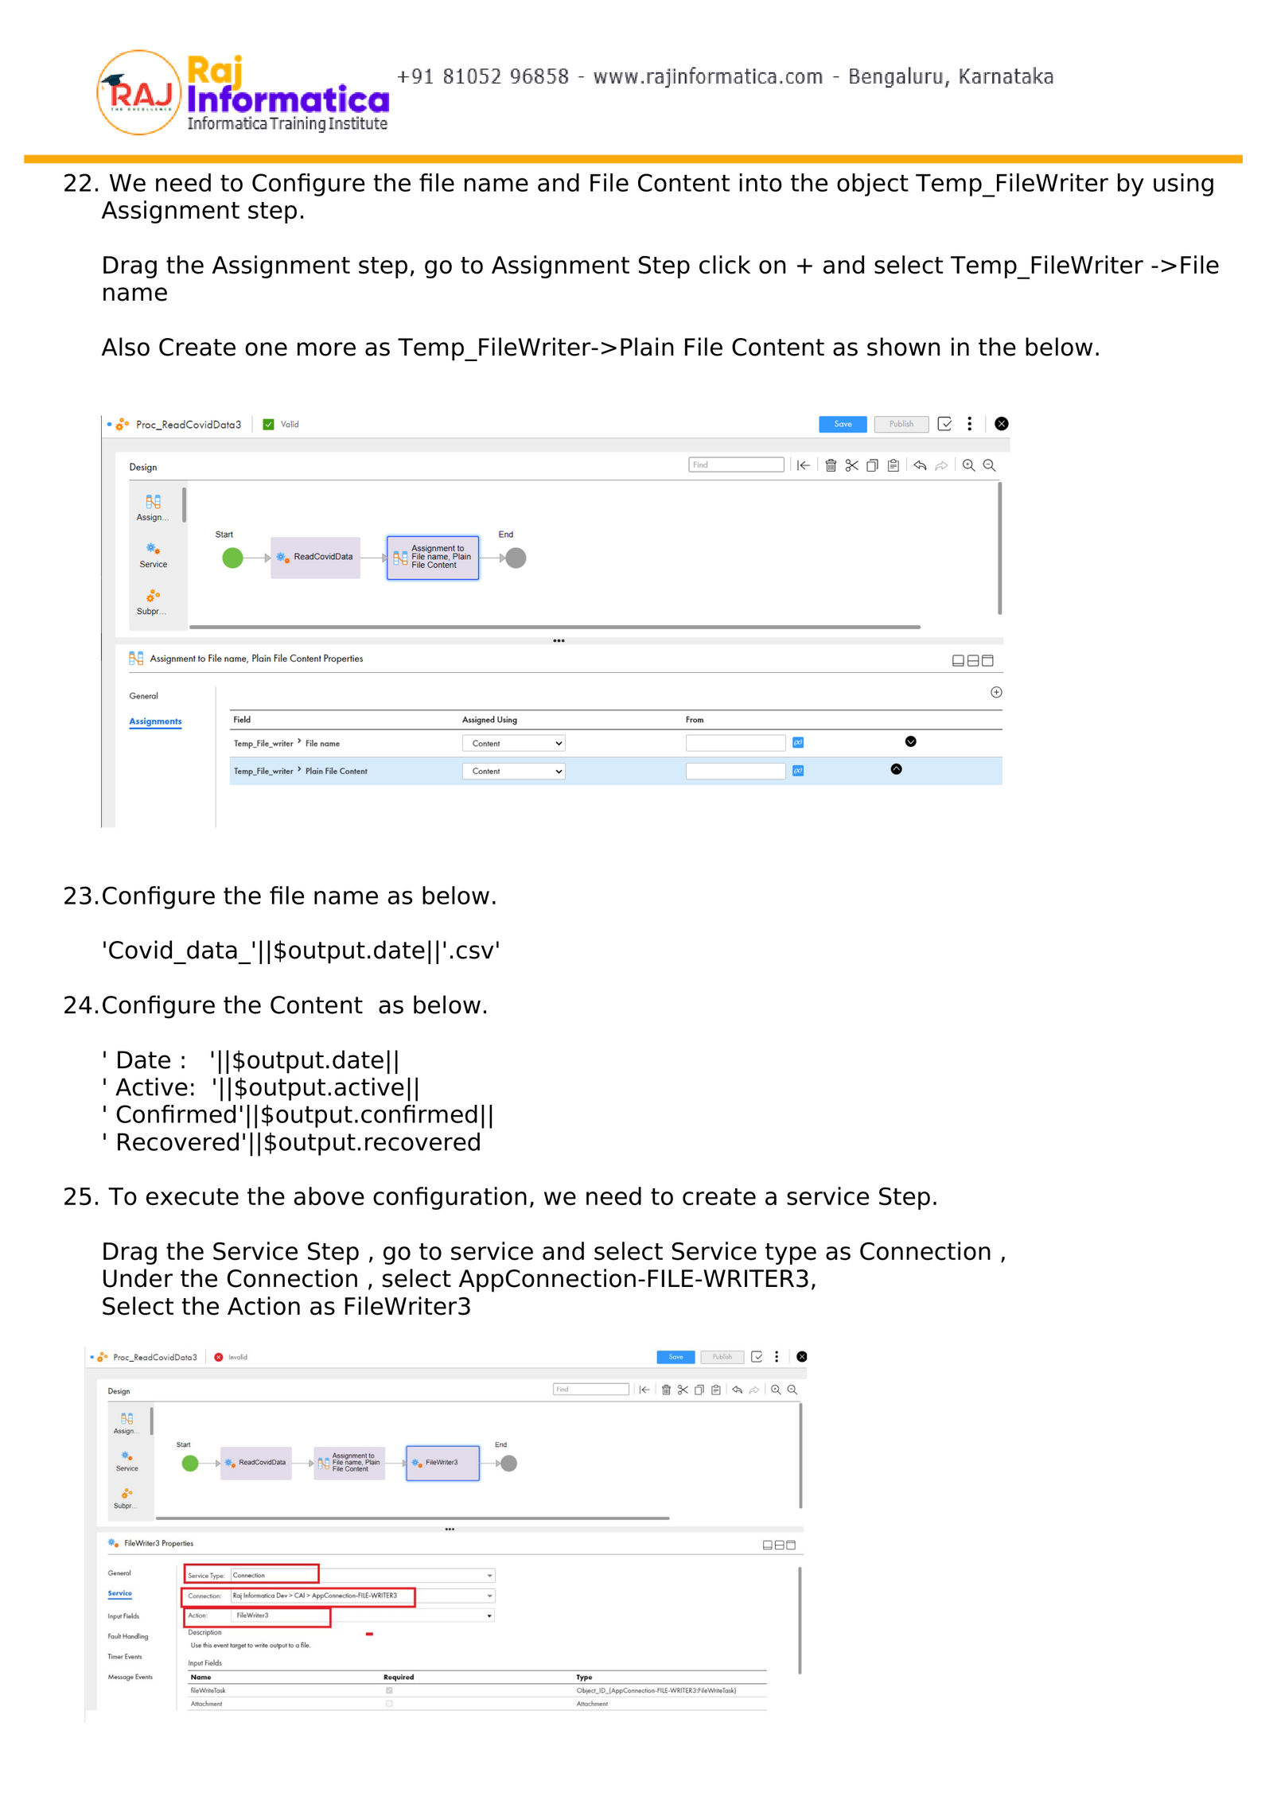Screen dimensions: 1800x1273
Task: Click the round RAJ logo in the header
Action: (x=138, y=93)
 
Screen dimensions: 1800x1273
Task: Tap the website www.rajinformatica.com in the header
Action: (x=707, y=77)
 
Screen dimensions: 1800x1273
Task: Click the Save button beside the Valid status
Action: (x=842, y=424)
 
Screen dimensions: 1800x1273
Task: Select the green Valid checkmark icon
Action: (x=268, y=425)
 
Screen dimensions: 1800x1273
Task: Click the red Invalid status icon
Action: (x=219, y=1357)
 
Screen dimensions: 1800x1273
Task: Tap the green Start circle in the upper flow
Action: (x=232, y=558)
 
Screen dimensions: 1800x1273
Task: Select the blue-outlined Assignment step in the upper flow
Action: (x=432, y=558)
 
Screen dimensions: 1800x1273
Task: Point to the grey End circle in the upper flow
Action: (x=516, y=558)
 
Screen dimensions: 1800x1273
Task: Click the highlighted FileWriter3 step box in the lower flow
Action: (x=442, y=1463)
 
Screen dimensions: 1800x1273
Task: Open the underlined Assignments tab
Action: (x=155, y=721)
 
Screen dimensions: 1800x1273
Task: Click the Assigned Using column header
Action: (x=489, y=720)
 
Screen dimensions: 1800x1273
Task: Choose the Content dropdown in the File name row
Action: (x=513, y=744)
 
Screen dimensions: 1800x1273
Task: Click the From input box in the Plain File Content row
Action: (x=735, y=771)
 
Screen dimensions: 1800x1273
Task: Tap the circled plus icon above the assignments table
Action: (x=995, y=693)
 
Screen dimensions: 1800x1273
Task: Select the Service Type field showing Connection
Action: (x=274, y=1575)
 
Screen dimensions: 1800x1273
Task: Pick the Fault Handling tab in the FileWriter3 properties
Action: (x=128, y=1636)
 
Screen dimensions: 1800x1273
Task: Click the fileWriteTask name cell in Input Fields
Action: (x=208, y=1690)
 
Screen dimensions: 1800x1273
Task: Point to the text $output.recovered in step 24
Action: (x=372, y=1142)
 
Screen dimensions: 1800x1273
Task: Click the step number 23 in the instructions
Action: (x=80, y=896)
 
